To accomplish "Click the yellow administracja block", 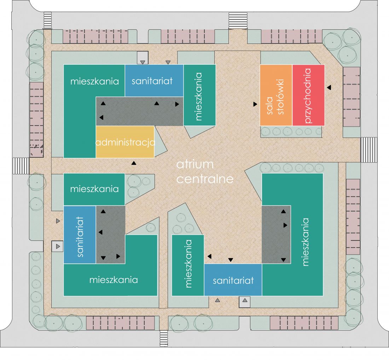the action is point(125,142).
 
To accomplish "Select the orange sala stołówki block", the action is point(276,95).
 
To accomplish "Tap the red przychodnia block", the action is point(308,95).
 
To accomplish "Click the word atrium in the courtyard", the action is point(195,164).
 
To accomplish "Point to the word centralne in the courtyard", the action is point(205,179).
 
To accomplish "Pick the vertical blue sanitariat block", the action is point(80,235).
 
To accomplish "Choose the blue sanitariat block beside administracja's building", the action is point(154,81).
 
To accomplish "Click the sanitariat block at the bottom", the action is point(233,280).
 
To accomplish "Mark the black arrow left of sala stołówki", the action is point(255,104).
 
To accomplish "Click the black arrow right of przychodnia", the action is point(329,87).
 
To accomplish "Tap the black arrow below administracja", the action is point(134,163).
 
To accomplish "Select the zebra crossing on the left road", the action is point(21,166).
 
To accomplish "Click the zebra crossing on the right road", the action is point(368,150).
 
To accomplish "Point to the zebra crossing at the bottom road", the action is point(164,338).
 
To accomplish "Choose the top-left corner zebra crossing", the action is point(48,21).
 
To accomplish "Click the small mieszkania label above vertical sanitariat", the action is point(94,189).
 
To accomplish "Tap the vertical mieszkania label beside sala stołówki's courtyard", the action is point(198,97).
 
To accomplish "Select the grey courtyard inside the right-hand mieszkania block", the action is point(277,235).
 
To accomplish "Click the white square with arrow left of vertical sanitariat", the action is point(58,246).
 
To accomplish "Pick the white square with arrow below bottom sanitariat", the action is point(245,302).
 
